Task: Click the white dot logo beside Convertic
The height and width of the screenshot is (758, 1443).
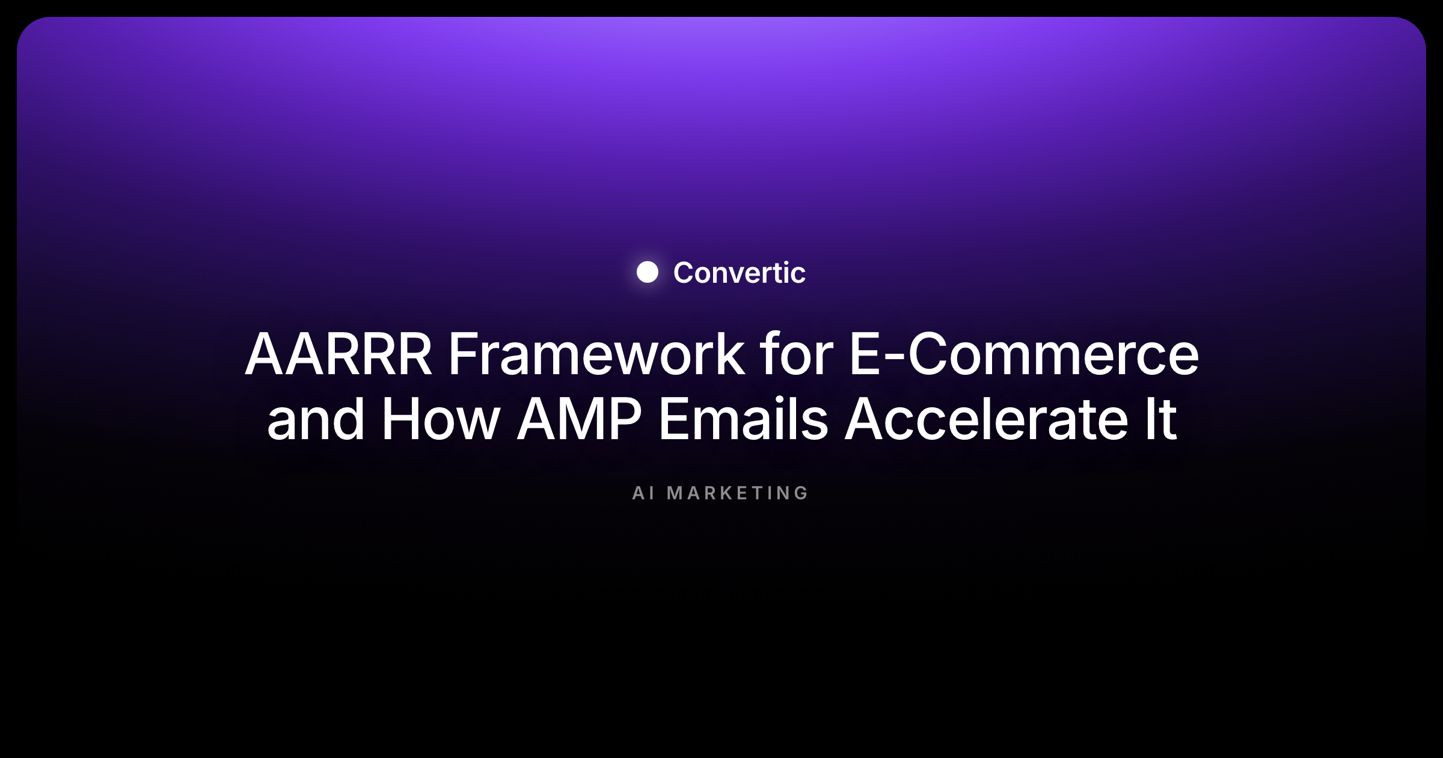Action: pos(648,272)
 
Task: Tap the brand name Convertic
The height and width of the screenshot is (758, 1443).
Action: pos(740,273)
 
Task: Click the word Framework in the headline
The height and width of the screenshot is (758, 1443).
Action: pos(596,354)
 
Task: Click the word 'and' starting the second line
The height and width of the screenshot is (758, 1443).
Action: pos(316,419)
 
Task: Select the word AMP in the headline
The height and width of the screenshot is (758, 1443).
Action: pos(580,419)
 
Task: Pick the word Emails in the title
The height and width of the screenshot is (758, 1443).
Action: pos(744,419)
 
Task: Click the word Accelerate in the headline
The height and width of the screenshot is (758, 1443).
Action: pos(987,419)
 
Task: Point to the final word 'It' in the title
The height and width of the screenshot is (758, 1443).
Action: pos(1160,419)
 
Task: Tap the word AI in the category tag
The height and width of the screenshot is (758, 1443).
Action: pos(643,493)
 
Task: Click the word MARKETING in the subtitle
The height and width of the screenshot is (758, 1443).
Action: pos(738,493)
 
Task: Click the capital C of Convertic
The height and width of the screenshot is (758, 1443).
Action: pos(685,273)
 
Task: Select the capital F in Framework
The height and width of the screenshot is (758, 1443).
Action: pos(464,354)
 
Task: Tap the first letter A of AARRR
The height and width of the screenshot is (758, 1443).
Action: pos(265,354)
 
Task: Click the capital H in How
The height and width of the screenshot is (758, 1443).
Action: pos(400,419)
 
